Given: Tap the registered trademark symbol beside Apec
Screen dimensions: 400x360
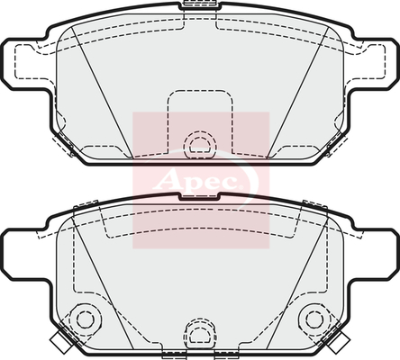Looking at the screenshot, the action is click(x=241, y=187).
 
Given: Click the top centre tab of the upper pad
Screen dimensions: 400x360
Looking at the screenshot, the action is click(x=199, y=5).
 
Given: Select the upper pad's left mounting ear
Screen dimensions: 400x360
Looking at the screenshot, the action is click(x=25, y=64).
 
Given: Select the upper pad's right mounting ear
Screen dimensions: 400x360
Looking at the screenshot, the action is click(x=373, y=64).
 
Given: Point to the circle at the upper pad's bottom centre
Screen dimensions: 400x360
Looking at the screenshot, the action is click(x=200, y=145).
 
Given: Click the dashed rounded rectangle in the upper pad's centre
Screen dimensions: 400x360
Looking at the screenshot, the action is click(x=200, y=122).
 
